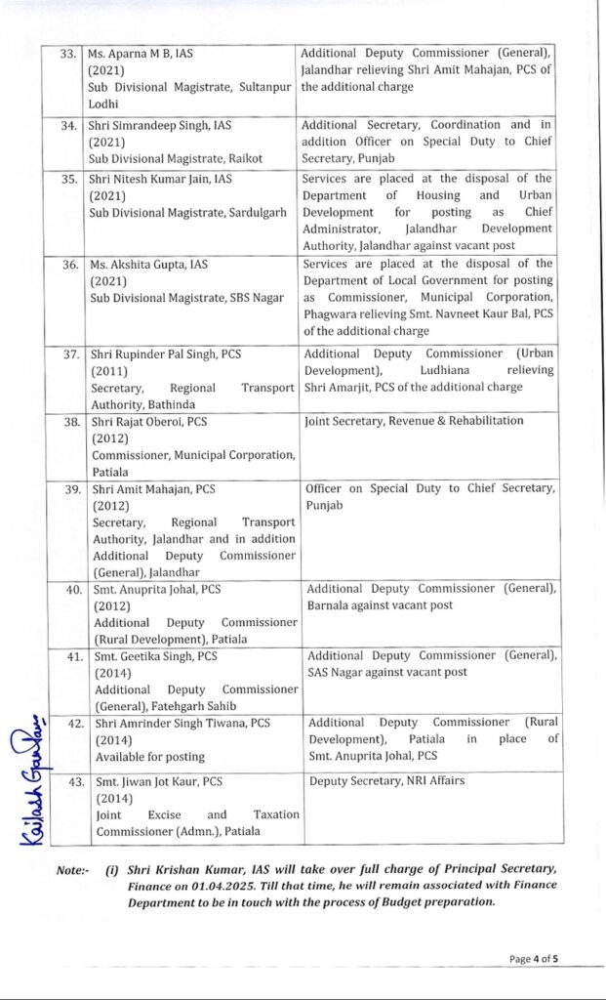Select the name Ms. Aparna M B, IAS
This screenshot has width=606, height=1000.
click(x=145, y=53)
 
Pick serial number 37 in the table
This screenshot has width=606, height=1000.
click(x=72, y=354)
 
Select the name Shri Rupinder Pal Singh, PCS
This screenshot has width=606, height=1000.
click(x=167, y=354)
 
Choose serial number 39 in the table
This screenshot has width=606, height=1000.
click(x=72, y=488)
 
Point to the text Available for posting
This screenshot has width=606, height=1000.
click(x=148, y=757)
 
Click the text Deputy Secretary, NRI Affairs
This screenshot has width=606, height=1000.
click(x=386, y=781)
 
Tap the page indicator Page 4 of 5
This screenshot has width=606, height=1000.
click(x=534, y=958)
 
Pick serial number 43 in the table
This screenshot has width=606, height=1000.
click(x=72, y=781)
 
